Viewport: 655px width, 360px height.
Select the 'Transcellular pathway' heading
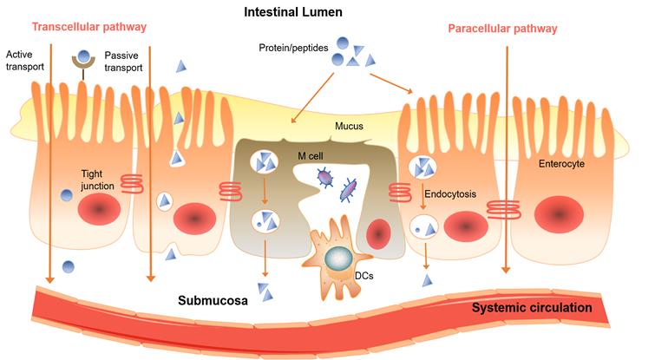[77, 29]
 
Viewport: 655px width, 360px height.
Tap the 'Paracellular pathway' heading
[502, 29]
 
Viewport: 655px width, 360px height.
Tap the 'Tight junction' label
[97, 179]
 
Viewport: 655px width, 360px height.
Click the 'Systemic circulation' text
[532, 307]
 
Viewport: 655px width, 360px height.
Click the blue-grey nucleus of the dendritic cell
[337, 258]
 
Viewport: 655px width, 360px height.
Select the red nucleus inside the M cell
[378, 233]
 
